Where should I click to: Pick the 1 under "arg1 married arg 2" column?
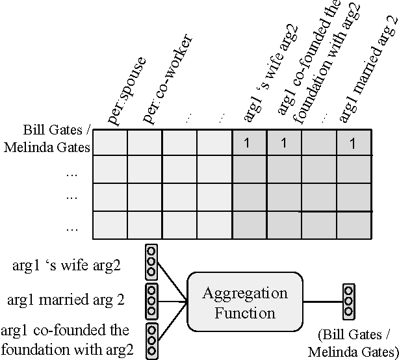pos(354,144)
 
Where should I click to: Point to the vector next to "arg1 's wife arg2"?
pos(151,261)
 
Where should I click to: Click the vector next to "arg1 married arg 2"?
pos(151,301)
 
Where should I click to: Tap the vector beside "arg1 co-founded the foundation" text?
pos(151,340)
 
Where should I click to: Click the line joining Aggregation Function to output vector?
pos(323,302)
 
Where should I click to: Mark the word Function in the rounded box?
pos(246,313)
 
